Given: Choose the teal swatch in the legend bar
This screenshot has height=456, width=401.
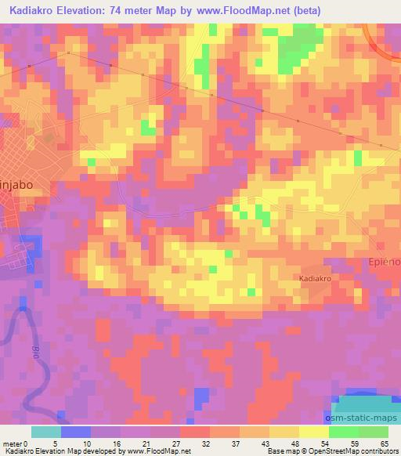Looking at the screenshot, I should click(x=46, y=432).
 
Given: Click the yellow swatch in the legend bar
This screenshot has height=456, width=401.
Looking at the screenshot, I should click(x=314, y=432).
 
